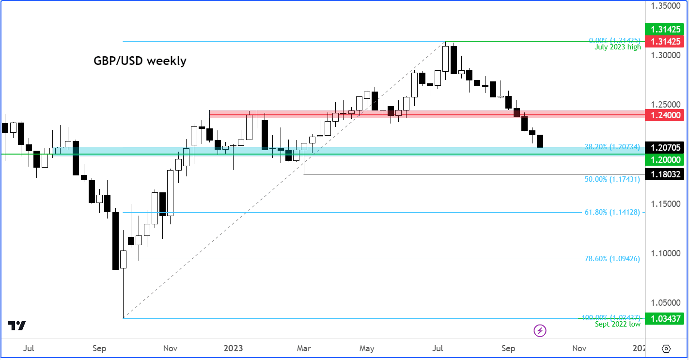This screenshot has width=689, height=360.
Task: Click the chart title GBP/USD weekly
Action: click(x=140, y=61)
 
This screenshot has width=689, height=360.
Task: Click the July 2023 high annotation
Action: click(x=617, y=47)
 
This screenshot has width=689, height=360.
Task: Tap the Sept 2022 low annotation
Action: click(x=617, y=324)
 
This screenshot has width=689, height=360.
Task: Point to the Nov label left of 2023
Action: click(x=170, y=348)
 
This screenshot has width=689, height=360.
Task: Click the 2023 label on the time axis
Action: click(x=234, y=348)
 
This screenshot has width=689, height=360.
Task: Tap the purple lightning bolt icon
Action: click(x=540, y=331)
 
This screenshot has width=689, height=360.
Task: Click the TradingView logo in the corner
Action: click(x=16, y=326)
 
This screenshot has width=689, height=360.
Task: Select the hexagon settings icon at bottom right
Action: click(x=666, y=348)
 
